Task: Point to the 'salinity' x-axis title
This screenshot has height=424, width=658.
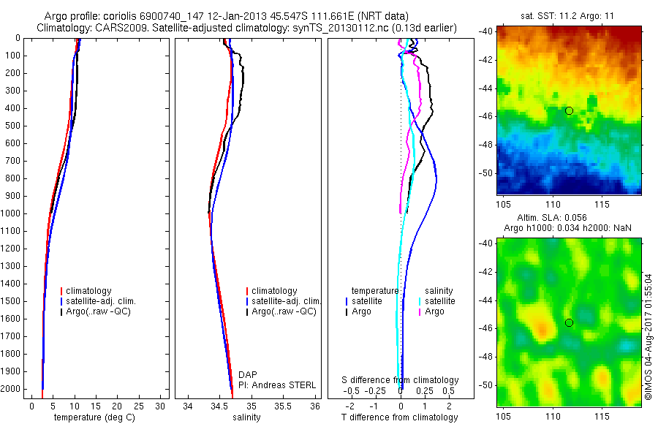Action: click(x=246, y=417)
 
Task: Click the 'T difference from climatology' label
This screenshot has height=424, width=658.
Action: click(x=399, y=417)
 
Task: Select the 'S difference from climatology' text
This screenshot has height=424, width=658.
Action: click(x=401, y=380)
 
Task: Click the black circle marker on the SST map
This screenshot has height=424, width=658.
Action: click(x=569, y=110)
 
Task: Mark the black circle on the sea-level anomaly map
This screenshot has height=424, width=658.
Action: click(x=569, y=322)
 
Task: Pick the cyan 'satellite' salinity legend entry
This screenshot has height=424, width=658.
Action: click(x=439, y=301)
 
